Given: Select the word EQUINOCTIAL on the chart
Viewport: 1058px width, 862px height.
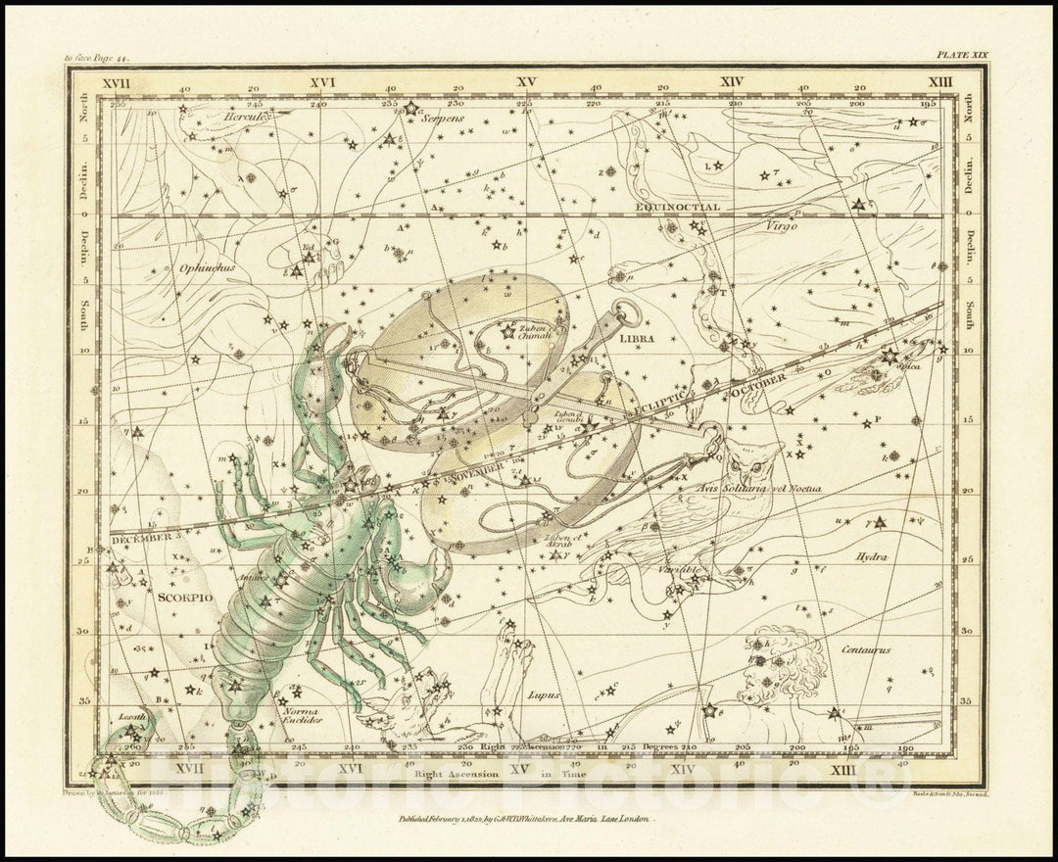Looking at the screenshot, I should click(x=676, y=208).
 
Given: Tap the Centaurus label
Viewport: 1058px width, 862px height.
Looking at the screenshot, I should click(x=864, y=648).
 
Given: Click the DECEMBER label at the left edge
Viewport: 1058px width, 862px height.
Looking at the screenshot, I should click(x=140, y=538).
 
